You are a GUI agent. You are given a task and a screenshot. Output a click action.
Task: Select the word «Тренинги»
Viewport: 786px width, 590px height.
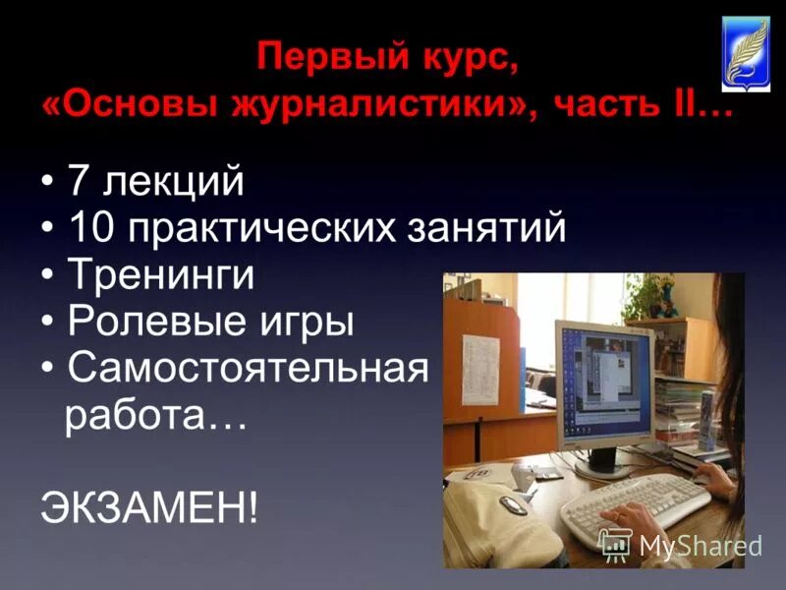tap(161, 276)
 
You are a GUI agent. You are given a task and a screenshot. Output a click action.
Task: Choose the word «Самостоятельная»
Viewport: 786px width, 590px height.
tap(249, 369)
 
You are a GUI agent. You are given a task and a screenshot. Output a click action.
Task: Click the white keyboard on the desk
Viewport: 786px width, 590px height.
tap(629, 501)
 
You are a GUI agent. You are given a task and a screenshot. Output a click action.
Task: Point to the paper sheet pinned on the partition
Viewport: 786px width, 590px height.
tap(481, 363)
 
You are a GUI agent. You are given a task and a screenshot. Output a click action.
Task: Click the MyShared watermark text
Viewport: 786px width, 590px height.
tap(701, 547)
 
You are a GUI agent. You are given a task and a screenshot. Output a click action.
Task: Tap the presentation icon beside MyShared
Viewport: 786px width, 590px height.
tap(616, 545)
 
